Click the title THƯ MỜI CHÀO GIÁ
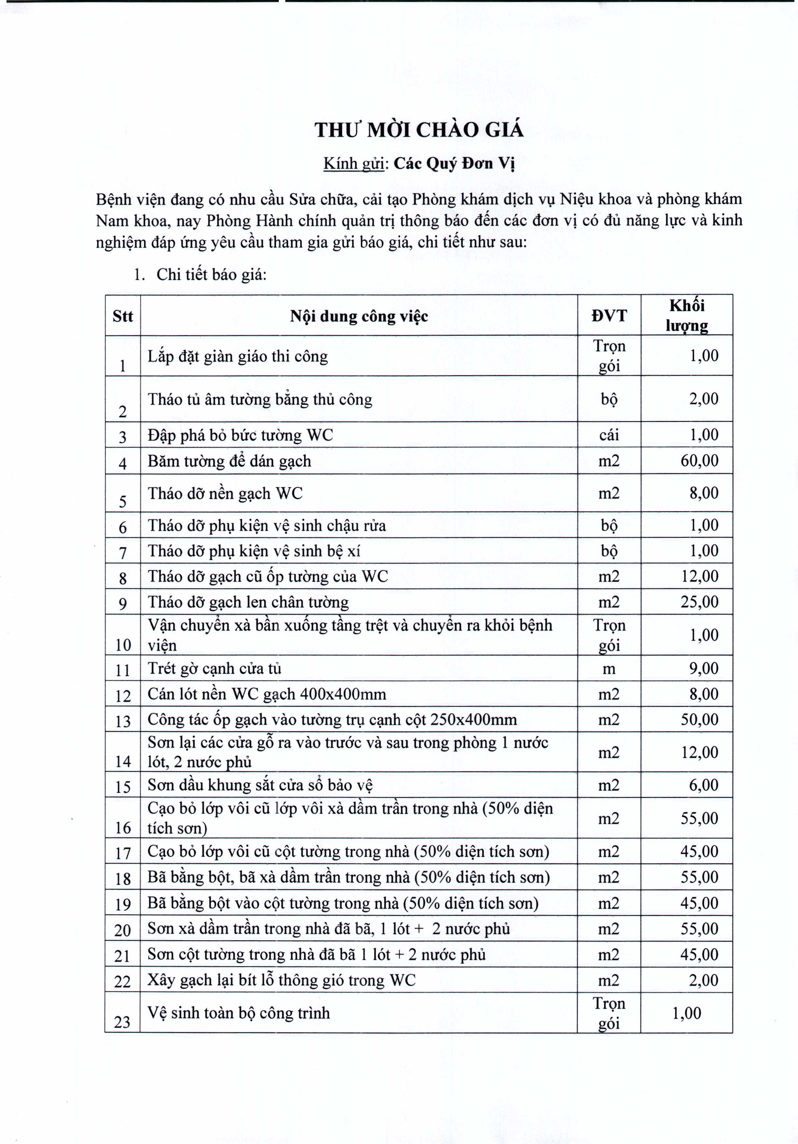pos(419,130)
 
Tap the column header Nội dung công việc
pos(359,317)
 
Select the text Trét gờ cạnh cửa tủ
pos(214,669)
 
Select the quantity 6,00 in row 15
pos(703,785)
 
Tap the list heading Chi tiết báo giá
pos(211,275)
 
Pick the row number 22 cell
pos(122,982)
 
